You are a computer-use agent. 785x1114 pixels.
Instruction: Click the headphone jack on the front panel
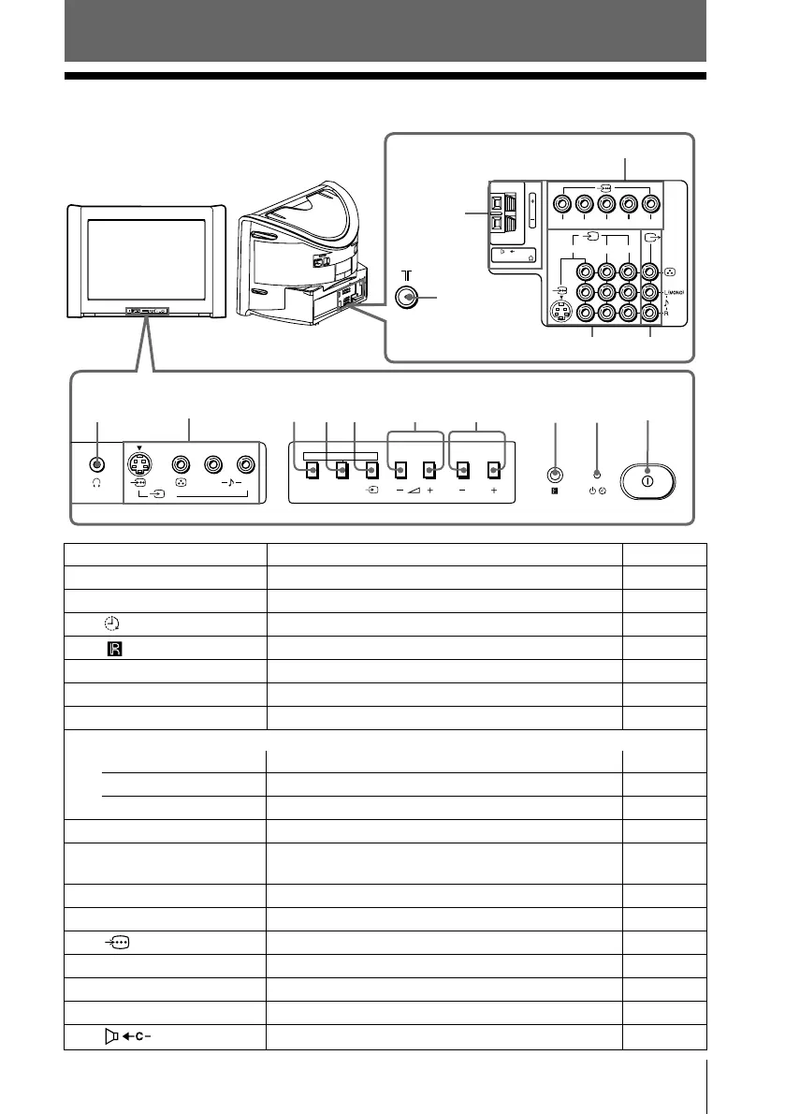tap(97, 464)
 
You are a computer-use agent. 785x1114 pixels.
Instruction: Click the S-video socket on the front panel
tap(139, 465)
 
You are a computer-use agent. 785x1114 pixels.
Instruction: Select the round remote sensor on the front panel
tap(555, 474)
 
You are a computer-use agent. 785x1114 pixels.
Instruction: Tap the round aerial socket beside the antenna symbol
tap(407, 297)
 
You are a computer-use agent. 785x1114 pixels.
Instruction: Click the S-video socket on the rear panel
tap(560, 315)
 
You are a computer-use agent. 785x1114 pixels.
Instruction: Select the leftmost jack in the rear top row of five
tap(561, 202)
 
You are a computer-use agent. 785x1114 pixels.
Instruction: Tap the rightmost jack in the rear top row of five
tap(650, 202)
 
